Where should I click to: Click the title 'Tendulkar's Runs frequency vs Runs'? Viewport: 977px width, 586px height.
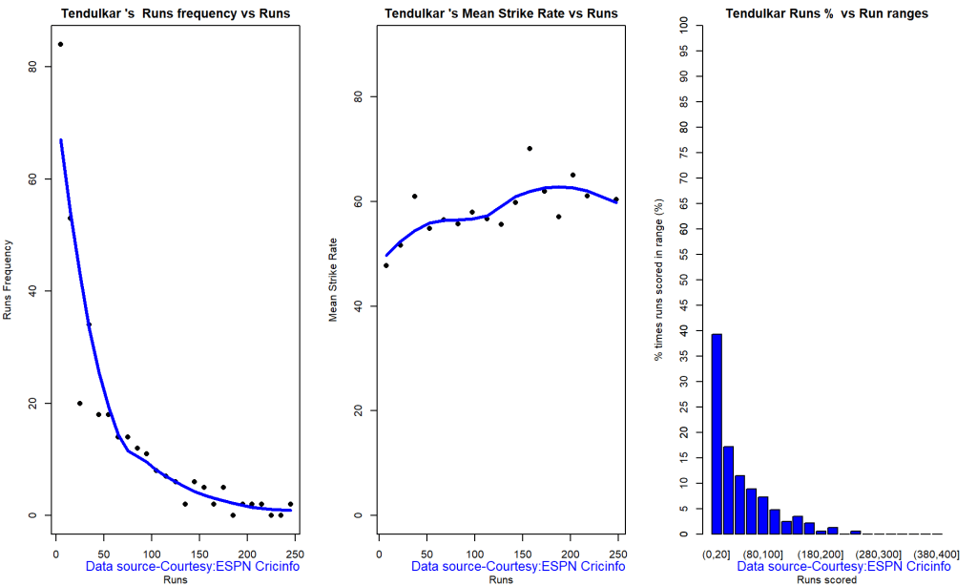[176, 13]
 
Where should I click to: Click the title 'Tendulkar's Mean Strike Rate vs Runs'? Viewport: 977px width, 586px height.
[501, 13]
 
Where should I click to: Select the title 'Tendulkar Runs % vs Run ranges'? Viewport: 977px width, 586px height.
[826, 13]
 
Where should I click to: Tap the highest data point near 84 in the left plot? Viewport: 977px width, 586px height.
[60, 44]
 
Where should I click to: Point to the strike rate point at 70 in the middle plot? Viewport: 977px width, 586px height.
[530, 148]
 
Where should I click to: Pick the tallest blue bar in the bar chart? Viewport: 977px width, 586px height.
[717, 434]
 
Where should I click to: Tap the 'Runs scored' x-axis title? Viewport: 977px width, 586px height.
[826, 579]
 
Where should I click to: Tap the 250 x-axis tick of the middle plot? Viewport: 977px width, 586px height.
[618, 554]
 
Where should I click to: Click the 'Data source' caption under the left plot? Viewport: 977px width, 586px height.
[193, 567]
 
